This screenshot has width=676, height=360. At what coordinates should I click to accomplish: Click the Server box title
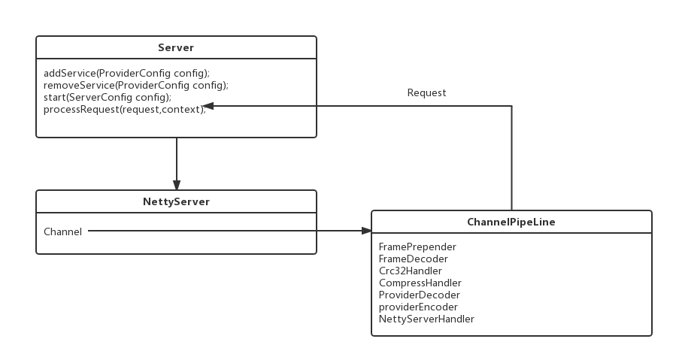(176, 47)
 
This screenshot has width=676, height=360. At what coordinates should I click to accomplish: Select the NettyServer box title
(176, 201)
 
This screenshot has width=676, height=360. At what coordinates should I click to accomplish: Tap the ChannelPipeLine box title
(511, 222)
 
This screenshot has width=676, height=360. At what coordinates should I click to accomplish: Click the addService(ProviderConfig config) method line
(126, 73)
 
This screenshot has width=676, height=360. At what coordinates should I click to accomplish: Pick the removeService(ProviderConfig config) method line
(135, 85)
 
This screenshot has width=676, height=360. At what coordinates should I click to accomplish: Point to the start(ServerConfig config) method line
(108, 97)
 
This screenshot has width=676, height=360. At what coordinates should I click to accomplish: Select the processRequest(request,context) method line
(124, 110)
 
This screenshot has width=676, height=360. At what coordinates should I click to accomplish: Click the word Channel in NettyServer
(62, 231)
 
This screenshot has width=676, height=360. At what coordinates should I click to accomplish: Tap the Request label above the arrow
(426, 92)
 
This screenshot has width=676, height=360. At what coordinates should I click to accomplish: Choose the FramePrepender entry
(417, 247)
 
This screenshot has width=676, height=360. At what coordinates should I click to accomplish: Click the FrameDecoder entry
(414, 259)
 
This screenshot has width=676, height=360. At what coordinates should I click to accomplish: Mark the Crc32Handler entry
(411, 271)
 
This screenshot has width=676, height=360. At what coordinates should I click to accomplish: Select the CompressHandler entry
(420, 283)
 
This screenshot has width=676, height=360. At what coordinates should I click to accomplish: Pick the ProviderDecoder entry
(419, 295)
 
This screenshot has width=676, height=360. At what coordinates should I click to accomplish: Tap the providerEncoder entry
(418, 307)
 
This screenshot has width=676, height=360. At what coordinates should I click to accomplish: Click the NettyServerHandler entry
(426, 319)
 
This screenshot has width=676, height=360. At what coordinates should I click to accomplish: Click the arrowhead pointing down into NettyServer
(177, 185)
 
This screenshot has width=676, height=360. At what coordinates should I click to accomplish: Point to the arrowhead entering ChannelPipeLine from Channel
(366, 231)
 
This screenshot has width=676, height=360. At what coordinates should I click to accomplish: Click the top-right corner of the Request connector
(511, 106)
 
